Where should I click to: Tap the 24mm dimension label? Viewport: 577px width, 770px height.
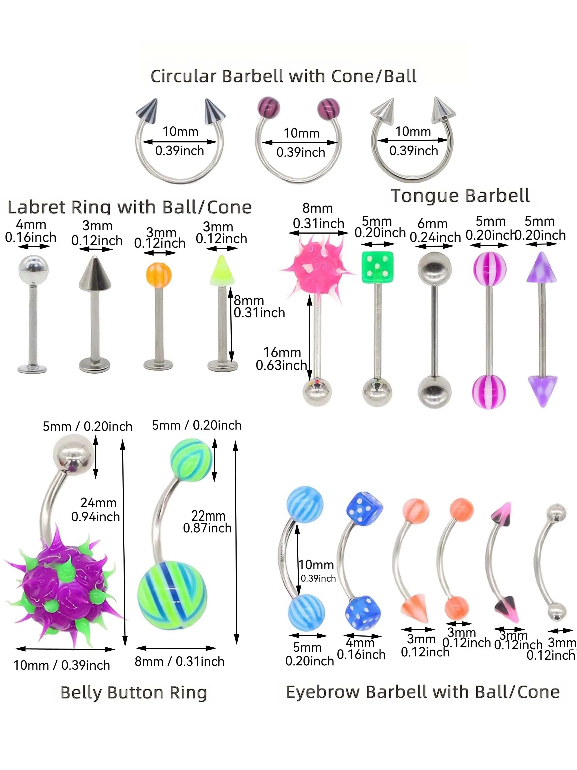point(99,503)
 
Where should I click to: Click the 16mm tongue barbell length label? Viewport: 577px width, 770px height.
point(282,352)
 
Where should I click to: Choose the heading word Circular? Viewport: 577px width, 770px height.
point(183,76)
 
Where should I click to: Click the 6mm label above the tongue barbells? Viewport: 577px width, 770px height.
point(432,224)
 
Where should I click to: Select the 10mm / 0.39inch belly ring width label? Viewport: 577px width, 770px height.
point(62,665)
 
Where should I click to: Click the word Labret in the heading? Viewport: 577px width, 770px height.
point(36,207)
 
